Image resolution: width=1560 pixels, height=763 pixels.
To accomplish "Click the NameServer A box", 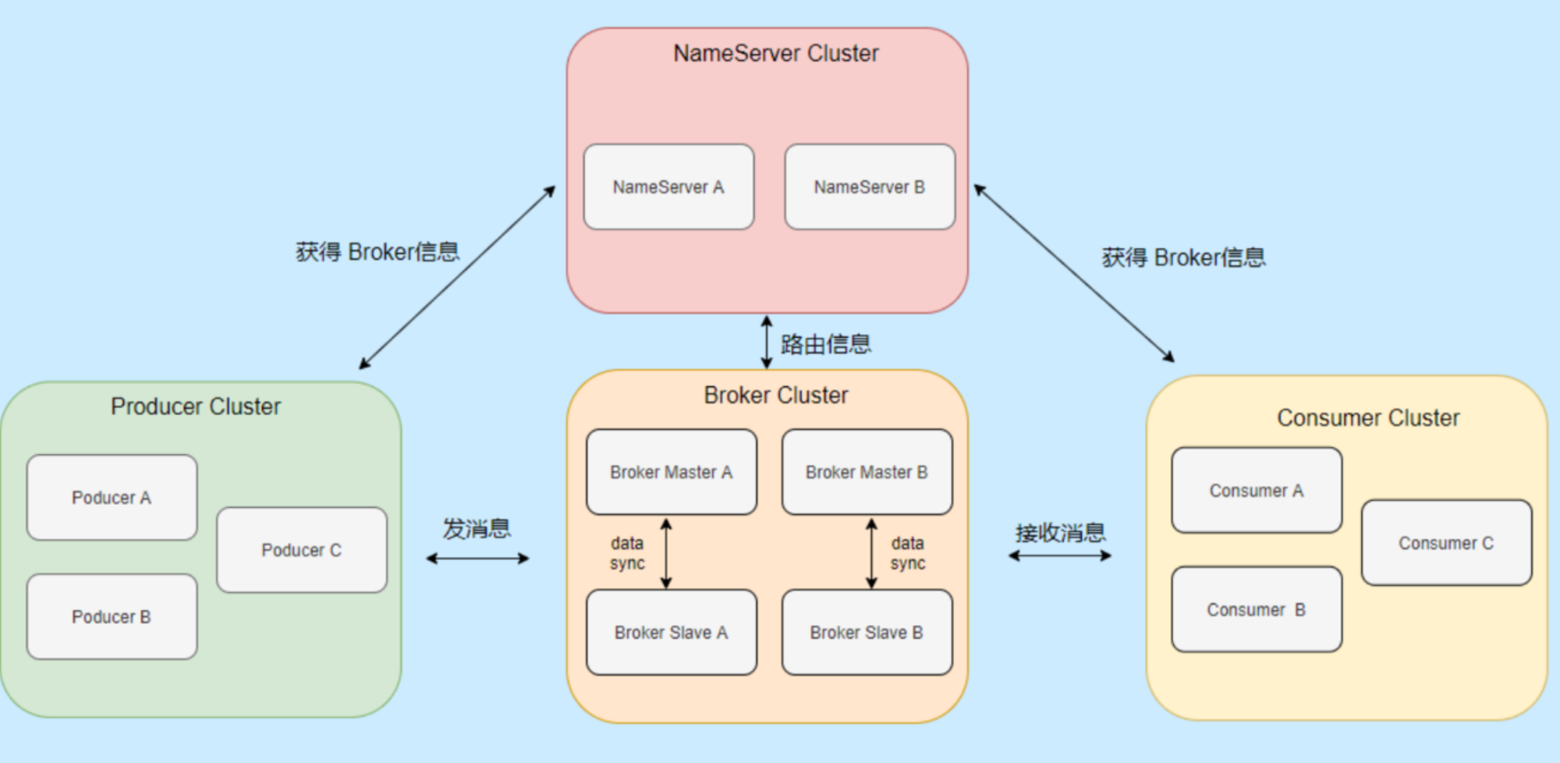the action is click(x=669, y=187).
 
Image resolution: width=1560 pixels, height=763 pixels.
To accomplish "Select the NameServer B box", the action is click(x=870, y=187).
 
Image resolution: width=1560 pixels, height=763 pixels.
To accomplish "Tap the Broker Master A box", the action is click(x=672, y=472).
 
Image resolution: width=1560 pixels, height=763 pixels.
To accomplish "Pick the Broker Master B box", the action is click(x=867, y=472).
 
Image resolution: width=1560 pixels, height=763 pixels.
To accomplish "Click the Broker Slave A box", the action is click(x=672, y=632).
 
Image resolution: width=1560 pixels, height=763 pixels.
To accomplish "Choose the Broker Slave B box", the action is click(x=867, y=632).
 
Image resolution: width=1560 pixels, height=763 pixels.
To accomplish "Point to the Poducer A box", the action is click(x=112, y=498).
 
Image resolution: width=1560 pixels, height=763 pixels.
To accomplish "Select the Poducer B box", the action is click(x=112, y=617).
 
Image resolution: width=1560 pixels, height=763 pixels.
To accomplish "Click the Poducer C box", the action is click(x=302, y=550).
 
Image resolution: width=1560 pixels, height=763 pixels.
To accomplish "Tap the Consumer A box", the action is click(x=1257, y=491).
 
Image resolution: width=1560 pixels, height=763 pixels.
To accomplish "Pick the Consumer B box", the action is click(x=1257, y=609).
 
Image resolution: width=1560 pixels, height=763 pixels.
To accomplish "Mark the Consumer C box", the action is click(x=1447, y=543).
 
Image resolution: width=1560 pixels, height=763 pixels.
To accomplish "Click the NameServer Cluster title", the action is click(x=776, y=53).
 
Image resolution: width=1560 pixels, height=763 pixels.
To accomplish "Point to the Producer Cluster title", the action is click(x=196, y=406).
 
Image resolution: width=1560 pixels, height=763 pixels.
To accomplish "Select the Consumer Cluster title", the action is click(x=1368, y=418).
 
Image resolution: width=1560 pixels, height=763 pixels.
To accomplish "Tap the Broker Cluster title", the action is click(x=776, y=396).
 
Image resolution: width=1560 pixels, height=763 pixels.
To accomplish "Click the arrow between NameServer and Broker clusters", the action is click(x=767, y=342).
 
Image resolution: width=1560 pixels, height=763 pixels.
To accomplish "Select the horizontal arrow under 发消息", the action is click(x=477, y=559).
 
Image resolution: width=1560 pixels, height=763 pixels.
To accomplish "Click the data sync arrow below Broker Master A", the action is click(x=666, y=553).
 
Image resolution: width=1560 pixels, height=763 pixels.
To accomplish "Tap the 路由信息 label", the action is click(x=826, y=344).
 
